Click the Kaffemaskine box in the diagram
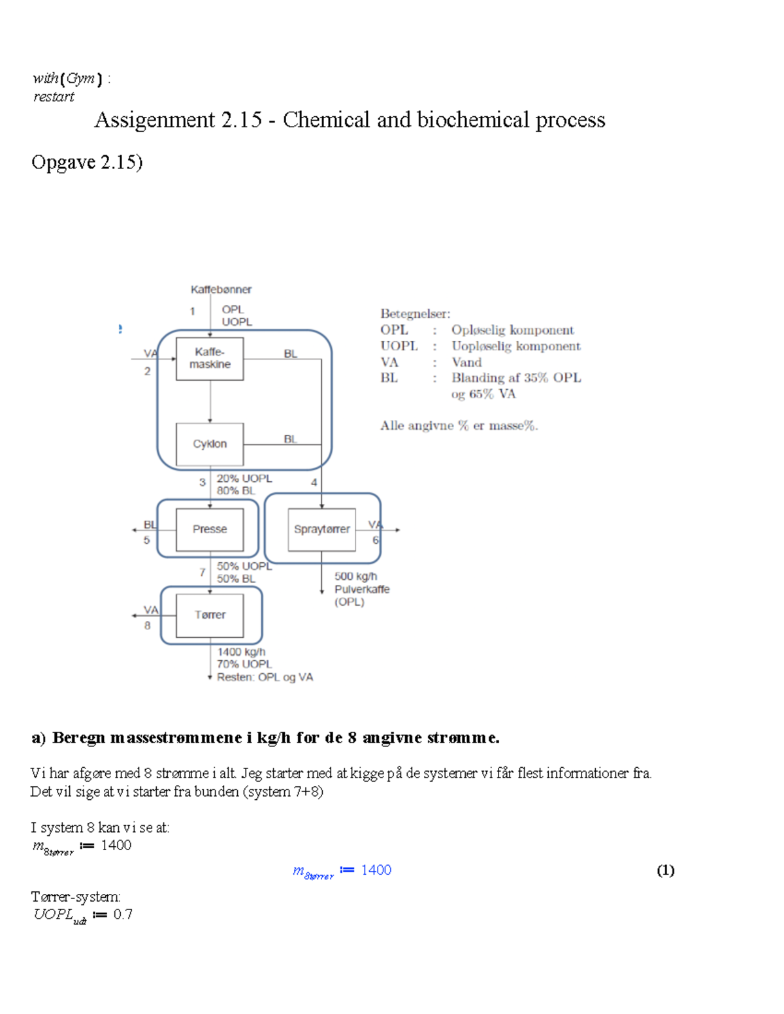point(210,358)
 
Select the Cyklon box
point(210,444)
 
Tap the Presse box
point(210,529)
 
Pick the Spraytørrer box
point(321,529)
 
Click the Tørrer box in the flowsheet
point(210,615)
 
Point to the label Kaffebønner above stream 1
point(221,289)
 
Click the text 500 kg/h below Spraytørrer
point(355,577)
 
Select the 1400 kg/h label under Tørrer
point(241,652)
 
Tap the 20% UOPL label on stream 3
point(244,479)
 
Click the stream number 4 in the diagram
point(314,483)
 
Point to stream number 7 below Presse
point(203,573)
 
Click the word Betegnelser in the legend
point(415,313)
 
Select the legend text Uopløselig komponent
point(515,346)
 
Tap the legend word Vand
point(466,362)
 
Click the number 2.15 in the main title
point(241,120)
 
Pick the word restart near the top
point(54,97)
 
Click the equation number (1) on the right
point(665,870)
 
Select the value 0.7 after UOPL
point(123,914)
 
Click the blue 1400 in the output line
point(376,870)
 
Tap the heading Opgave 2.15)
point(87,162)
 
